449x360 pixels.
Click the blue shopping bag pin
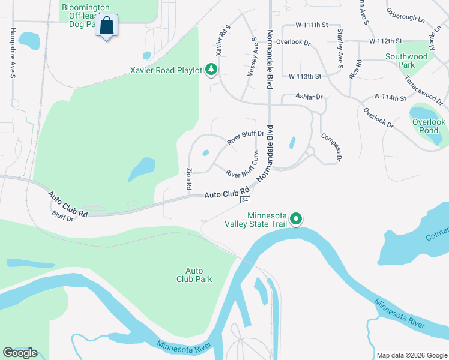(106, 26)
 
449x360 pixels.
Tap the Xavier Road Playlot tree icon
(211, 70)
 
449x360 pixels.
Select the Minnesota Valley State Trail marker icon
(295, 220)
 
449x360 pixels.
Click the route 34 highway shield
(244, 199)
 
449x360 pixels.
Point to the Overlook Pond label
(429, 126)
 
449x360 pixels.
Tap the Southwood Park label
(407, 61)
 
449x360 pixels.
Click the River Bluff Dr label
(246, 138)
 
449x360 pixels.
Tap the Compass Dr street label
(331, 148)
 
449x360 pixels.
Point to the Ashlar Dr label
(309, 96)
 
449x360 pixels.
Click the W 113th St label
(305, 77)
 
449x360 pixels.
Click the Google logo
(20, 353)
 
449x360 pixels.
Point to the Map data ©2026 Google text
(412, 355)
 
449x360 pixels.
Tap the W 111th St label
(312, 25)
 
